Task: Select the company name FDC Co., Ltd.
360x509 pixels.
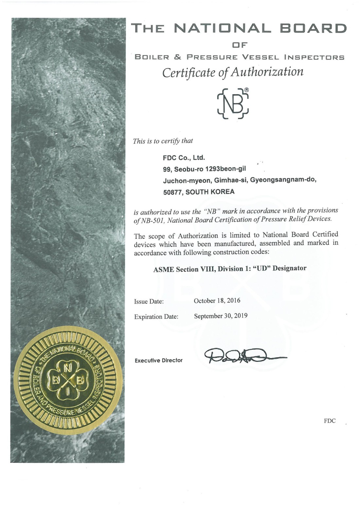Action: pyautogui.click(x=184, y=158)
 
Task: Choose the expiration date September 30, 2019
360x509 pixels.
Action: pyautogui.click(x=221, y=316)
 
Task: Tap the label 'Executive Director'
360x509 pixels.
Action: pyautogui.click(x=158, y=360)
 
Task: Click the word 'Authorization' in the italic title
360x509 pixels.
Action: pyautogui.click(x=267, y=72)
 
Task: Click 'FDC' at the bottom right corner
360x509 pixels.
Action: pyautogui.click(x=330, y=421)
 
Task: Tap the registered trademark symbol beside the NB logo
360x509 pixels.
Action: pyautogui.click(x=246, y=90)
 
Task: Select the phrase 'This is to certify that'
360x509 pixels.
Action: pyautogui.click(x=163, y=141)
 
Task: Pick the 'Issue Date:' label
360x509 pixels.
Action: pyautogui.click(x=149, y=301)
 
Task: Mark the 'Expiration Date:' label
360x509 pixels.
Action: pyautogui.click(x=156, y=317)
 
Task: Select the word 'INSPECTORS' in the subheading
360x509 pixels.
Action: pyautogui.click(x=314, y=58)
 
